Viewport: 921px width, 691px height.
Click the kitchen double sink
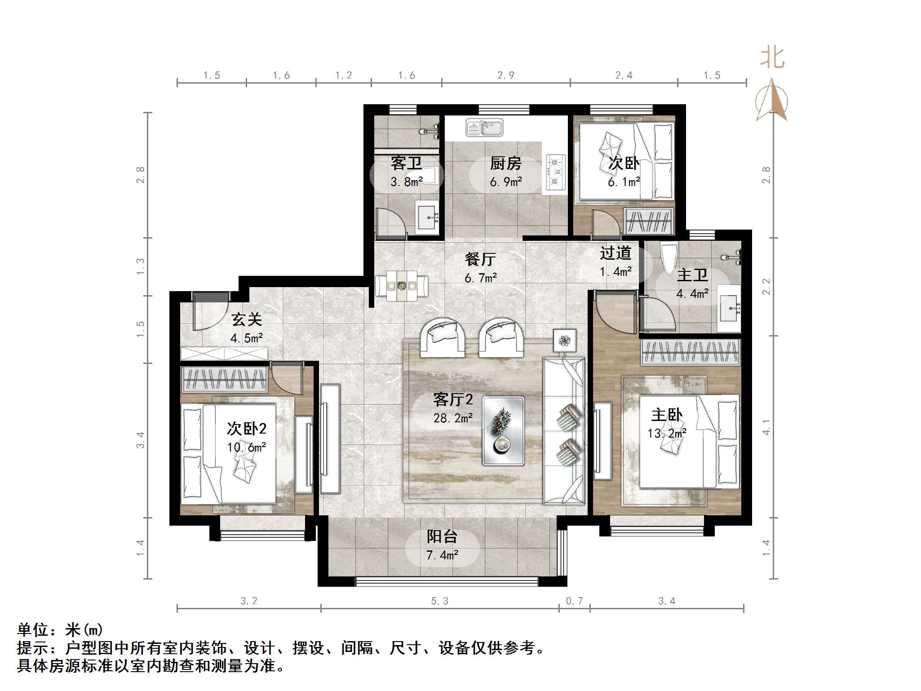pyautogui.click(x=484, y=128)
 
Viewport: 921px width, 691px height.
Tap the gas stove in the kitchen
pyautogui.click(x=555, y=171)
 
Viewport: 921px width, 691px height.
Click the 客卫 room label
pyautogui.click(x=406, y=163)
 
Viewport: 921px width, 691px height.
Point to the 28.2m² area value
pyautogui.click(x=453, y=418)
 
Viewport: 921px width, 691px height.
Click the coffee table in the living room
pyautogui.click(x=503, y=430)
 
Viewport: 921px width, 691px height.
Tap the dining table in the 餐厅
pyautogui.click(x=402, y=285)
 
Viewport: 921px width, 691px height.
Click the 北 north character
pyautogui.click(x=772, y=58)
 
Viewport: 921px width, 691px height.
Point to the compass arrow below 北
pyautogui.click(x=772, y=101)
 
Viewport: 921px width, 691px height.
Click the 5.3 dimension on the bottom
pyautogui.click(x=439, y=601)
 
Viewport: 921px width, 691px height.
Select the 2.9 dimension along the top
pyautogui.click(x=505, y=75)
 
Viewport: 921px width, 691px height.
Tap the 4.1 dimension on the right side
pyautogui.click(x=766, y=427)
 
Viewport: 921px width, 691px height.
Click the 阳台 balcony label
pyautogui.click(x=442, y=536)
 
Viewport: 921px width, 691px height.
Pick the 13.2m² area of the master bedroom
pyautogui.click(x=667, y=434)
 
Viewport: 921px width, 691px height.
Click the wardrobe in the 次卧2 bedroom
pyautogui.click(x=225, y=379)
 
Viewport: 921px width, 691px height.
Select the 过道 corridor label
pyautogui.click(x=615, y=253)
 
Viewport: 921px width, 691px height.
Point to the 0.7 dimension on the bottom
pyautogui.click(x=574, y=601)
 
